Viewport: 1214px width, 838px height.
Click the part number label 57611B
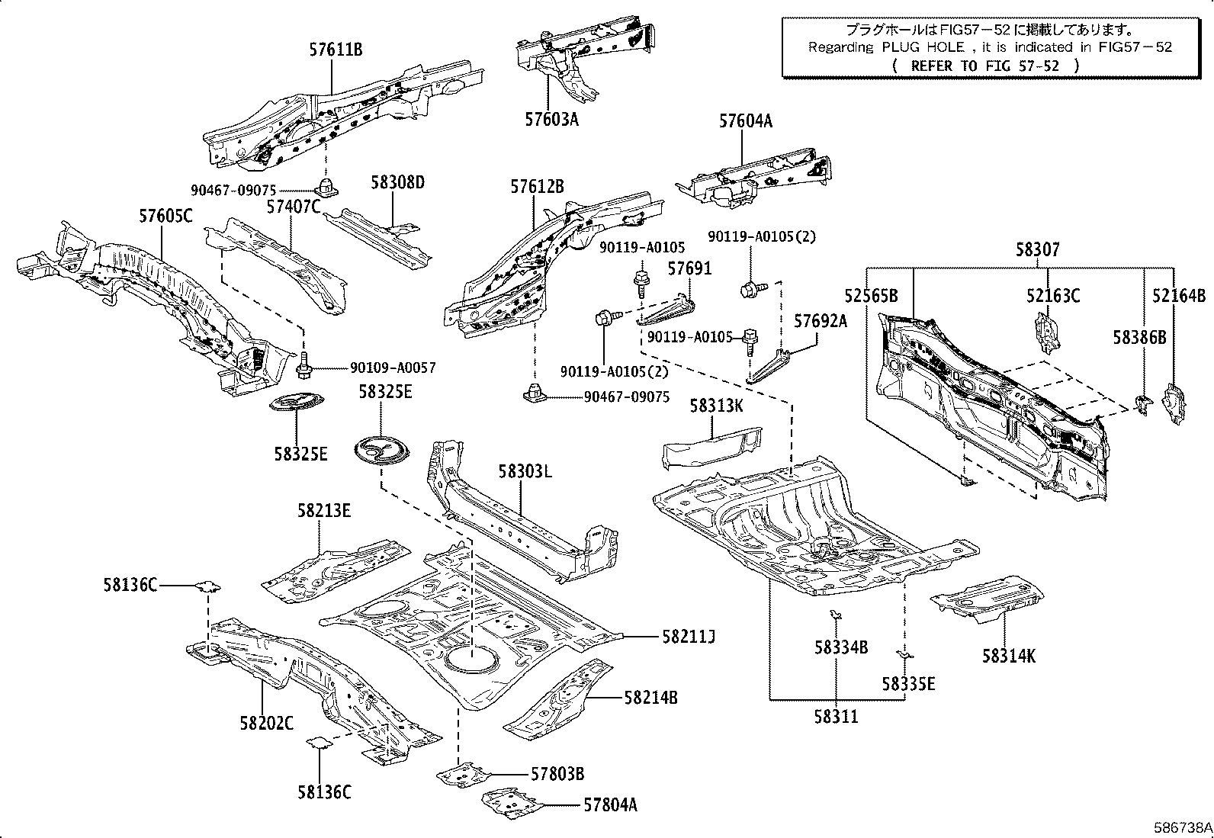point(336,50)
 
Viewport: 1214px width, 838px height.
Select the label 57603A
point(551,119)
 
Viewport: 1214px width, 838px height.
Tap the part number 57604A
point(745,120)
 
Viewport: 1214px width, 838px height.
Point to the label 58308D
point(397,182)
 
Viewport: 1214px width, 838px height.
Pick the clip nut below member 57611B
point(326,186)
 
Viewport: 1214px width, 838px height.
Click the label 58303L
point(525,471)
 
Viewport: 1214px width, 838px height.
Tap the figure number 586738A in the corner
point(1181,827)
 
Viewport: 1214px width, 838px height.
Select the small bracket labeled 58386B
point(1142,405)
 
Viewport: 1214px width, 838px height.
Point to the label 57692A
point(821,321)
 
